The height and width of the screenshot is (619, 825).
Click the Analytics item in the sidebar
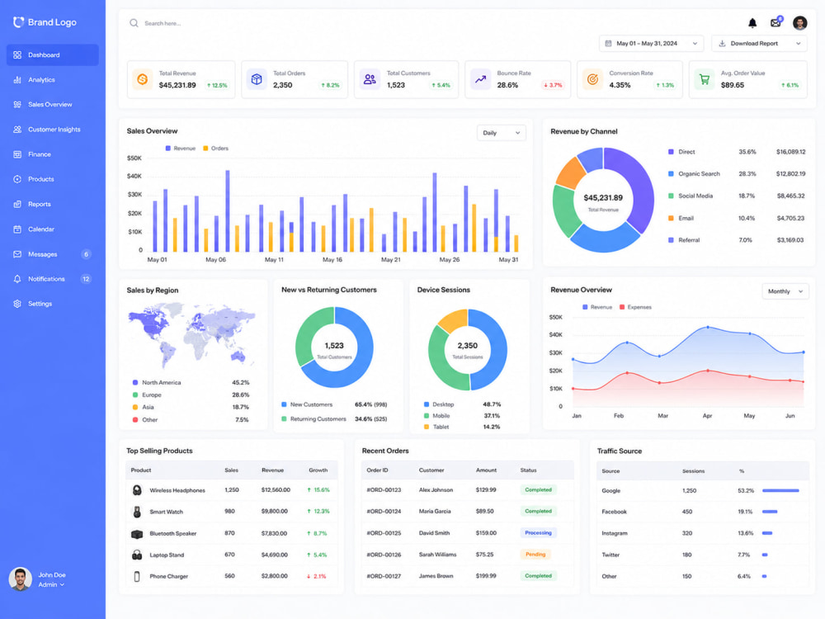pos(41,80)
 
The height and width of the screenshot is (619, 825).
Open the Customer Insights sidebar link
pos(54,130)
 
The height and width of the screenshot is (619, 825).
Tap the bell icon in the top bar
pos(752,23)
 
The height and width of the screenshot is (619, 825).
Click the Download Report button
pos(759,44)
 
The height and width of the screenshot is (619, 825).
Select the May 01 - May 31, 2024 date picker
pos(652,44)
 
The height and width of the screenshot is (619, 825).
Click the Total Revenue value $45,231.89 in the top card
pos(177,85)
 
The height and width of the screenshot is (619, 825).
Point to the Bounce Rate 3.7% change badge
pos(553,85)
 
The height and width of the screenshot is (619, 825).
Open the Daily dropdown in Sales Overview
pos(501,133)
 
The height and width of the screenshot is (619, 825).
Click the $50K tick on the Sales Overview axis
pos(134,158)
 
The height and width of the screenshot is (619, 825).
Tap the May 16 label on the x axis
pos(332,260)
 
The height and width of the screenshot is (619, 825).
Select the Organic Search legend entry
pos(694,173)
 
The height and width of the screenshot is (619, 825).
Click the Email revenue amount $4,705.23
pos(791,218)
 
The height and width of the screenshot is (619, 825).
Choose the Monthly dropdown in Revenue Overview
pos(785,291)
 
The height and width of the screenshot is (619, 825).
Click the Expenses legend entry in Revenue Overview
pos(635,307)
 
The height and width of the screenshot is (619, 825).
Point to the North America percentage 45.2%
pos(240,383)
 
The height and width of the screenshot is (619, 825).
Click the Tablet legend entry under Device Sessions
pos(436,427)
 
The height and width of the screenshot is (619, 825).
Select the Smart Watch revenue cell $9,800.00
pos(275,512)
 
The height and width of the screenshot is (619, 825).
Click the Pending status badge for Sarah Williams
pos(535,555)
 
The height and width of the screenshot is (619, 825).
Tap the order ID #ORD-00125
pos(384,533)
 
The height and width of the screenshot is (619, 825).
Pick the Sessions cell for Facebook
pos(687,512)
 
